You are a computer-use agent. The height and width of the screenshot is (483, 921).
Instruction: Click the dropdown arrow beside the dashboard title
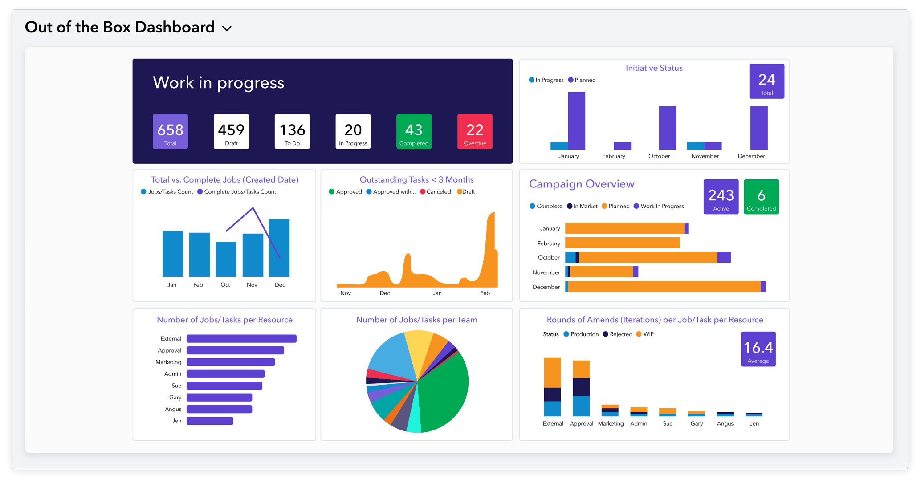click(x=227, y=28)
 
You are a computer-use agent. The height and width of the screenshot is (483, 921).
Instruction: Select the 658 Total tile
click(x=170, y=131)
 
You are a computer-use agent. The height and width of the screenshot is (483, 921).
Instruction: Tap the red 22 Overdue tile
click(x=475, y=131)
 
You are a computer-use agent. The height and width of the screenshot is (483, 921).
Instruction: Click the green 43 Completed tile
click(x=414, y=131)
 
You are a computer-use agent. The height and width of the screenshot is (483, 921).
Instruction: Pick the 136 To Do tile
click(x=292, y=131)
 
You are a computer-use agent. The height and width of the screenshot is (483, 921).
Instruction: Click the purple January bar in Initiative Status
click(x=576, y=121)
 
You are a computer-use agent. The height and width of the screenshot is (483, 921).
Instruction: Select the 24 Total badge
click(x=766, y=81)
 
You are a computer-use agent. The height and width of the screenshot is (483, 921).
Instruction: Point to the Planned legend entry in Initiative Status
click(x=582, y=80)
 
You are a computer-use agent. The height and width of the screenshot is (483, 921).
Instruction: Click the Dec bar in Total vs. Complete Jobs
click(x=279, y=248)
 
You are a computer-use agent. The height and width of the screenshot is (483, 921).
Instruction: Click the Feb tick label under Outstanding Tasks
click(x=485, y=293)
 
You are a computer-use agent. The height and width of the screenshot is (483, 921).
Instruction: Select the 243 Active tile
click(x=721, y=197)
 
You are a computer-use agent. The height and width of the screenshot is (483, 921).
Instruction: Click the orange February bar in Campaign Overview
click(x=622, y=243)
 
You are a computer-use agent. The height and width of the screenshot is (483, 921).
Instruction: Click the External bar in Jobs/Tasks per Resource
click(x=241, y=339)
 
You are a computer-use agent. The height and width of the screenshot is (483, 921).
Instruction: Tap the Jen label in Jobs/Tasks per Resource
click(x=177, y=421)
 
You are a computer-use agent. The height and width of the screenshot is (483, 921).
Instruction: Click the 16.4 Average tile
click(x=758, y=349)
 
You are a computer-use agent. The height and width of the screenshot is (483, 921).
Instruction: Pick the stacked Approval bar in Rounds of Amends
click(x=581, y=388)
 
